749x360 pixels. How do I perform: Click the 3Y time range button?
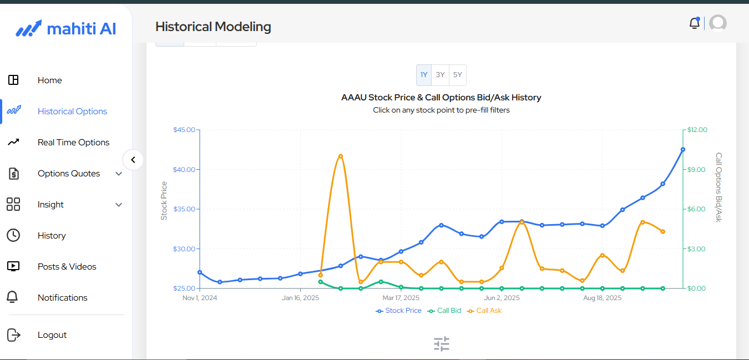tap(440, 75)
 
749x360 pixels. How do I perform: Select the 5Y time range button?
tap(457, 75)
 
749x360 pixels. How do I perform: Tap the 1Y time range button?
tap(424, 75)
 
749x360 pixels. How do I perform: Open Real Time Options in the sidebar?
tap(73, 143)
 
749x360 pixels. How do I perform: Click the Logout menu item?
tap(52, 335)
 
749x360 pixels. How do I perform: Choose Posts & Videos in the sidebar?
tap(67, 267)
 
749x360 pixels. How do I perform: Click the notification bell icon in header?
tap(694, 23)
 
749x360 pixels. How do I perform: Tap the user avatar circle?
tap(718, 23)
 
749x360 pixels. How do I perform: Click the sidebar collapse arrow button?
tap(133, 160)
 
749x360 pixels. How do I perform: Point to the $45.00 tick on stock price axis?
tap(184, 130)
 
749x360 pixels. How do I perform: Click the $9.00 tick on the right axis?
tap(697, 170)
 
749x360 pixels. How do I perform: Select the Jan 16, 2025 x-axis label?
tap(300, 298)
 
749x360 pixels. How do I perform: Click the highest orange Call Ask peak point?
tap(341, 156)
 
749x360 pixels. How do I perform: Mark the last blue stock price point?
tap(683, 149)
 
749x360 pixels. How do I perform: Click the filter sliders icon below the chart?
tap(442, 344)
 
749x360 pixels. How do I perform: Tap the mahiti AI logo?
tap(66, 29)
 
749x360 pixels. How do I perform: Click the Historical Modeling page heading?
tap(213, 27)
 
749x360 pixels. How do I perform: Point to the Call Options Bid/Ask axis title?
tap(718, 187)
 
